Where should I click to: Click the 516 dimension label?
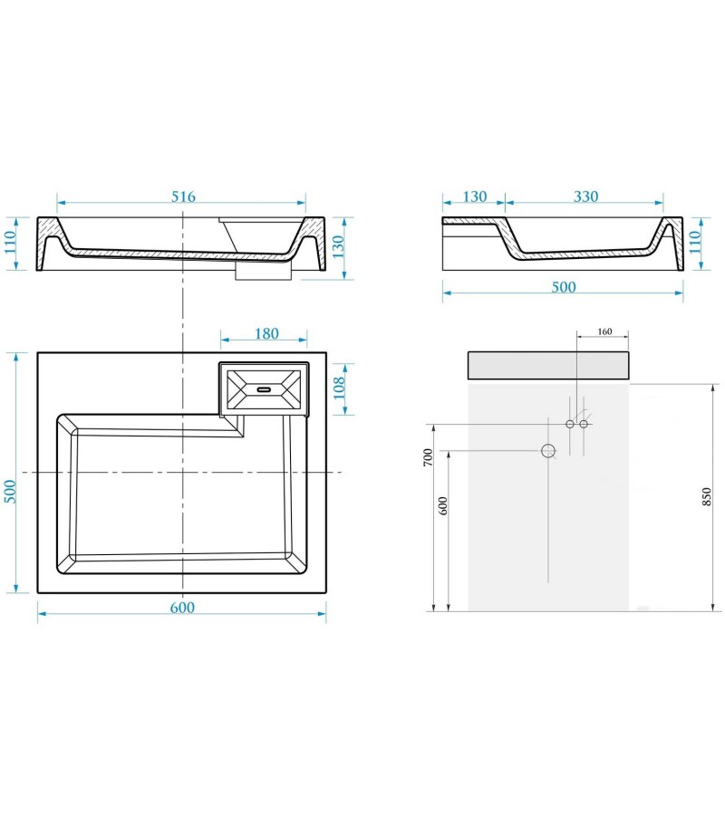pos(183,197)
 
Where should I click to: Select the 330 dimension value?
pos(585,197)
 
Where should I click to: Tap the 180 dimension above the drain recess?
pos(266,333)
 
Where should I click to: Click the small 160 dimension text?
pos(605,331)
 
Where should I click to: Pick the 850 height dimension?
pos(707,496)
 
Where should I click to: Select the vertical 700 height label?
pos(428,456)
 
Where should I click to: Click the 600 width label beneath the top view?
pos(182,608)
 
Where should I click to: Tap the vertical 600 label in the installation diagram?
pos(443,504)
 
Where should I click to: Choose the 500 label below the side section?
pos(564,287)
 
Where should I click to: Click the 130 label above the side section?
pos(474,197)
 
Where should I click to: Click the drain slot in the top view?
pos(265,389)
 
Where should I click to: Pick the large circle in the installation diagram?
pos(548,450)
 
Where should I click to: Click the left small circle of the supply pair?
pos(570,424)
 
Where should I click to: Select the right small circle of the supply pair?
pos(584,424)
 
